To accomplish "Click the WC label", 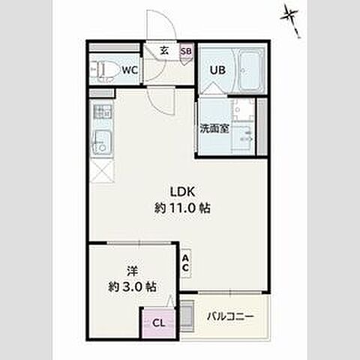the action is pos(130,70).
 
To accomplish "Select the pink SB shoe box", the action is pos(186,51).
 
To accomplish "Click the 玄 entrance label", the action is pos(164,51).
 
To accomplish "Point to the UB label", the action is pos(217,70).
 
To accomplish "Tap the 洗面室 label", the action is pos(214,128).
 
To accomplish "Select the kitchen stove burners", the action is pos(102,112).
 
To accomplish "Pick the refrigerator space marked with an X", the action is pos(102,172).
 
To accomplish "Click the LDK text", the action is pos(182,192).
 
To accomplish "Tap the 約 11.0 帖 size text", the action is pos(182,208).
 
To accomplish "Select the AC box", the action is pos(185,263).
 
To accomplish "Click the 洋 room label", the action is pos(133,271).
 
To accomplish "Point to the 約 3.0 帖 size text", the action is pos(133,286).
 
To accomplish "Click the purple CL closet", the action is pos(158,322).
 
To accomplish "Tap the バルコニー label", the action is pos(230,316).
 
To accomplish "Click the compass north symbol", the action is pos(292,20).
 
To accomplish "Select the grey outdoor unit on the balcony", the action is pos(187,316).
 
